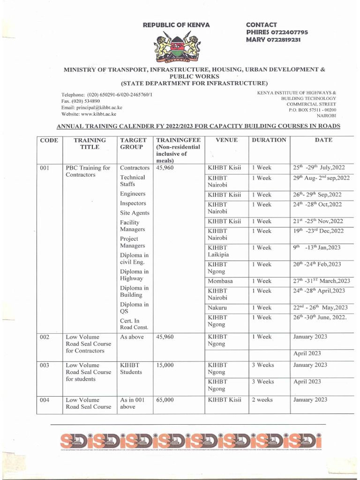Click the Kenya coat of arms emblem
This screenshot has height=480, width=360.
pyautogui.click(x=177, y=47)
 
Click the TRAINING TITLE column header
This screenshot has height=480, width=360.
pyautogui.click(x=90, y=143)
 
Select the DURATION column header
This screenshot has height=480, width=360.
pyautogui.click(x=269, y=140)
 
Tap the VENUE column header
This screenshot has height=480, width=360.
pyautogui.click(x=226, y=140)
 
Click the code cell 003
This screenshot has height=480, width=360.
pyautogui.click(x=45, y=365)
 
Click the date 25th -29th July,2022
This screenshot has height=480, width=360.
pyautogui.click(x=318, y=168)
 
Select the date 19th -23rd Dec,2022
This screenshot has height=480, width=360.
pyautogui.click(x=318, y=231)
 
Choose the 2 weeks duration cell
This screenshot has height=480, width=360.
pyautogui.click(x=262, y=400)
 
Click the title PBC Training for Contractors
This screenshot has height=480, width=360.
pyautogui.click(x=88, y=171)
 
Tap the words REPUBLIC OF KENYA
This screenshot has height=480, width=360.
pyautogui.click(x=176, y=25)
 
